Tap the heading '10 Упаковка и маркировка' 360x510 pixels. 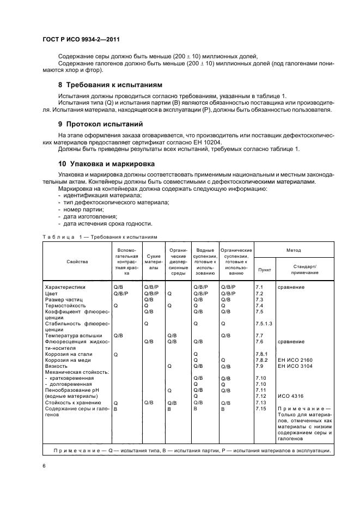tap(107, 163)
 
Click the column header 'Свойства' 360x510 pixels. tap(77, 262)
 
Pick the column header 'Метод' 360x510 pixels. tap(294, 250)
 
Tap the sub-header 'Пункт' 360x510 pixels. tap(264, 269)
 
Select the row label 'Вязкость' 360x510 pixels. tap(56, 366)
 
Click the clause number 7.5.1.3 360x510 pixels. tap(263, 324)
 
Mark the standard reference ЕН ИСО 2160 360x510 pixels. tap(295, 360)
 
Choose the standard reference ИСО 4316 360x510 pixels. tap(290, 396)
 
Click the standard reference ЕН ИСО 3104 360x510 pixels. tap(295, 366)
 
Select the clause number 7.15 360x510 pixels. tap(260, 408)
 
